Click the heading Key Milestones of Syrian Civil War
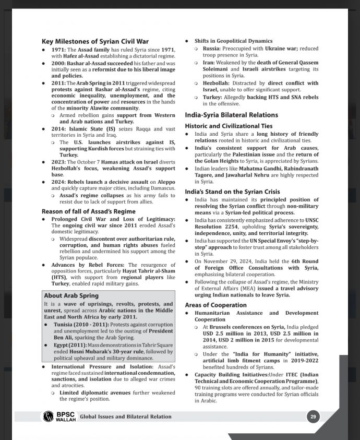[95, 41]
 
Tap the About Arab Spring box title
[71, 295]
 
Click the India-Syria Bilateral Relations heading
[231, 115]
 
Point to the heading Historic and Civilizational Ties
[229, 126]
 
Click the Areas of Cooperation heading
[215, 305]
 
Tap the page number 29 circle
[313, 416]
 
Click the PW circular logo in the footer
[49, 416]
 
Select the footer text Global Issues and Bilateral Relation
[126, 417]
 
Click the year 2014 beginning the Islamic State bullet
[58, 128]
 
